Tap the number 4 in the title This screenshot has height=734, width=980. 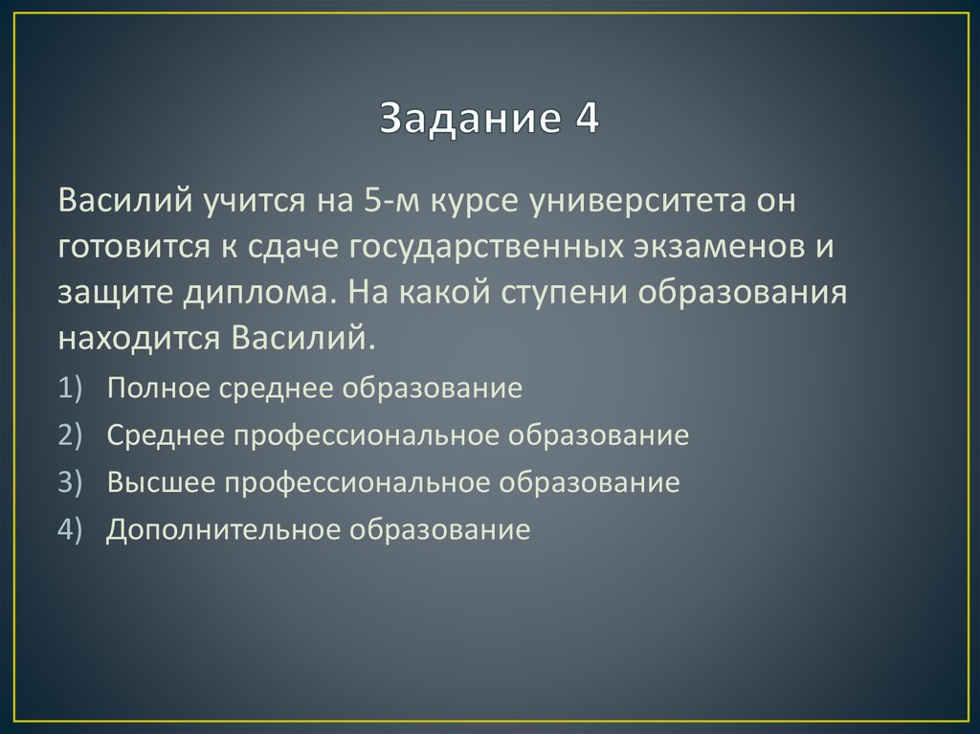(587, 119)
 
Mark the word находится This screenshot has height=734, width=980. (137, 337)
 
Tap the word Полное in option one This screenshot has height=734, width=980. (157, 389)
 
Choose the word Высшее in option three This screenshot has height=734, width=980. (160, 482)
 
